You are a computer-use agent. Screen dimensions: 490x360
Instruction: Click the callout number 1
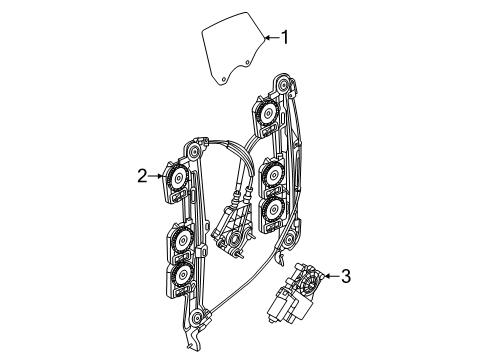point(284,37)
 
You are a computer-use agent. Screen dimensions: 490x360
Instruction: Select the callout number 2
point(142,176)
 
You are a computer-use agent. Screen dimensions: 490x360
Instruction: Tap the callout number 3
point(346,276)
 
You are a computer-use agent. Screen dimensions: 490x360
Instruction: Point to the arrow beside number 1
point(272,38)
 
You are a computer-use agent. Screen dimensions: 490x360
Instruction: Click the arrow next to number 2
point(156,176)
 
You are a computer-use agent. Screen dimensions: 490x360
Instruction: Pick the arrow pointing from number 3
point(332,276)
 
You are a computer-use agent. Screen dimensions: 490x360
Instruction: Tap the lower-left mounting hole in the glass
point(224,79)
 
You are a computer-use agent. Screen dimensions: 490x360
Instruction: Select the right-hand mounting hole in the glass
point(247,62)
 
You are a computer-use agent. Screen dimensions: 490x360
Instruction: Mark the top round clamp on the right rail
point(267,114)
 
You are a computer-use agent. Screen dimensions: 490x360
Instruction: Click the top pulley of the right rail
point(284,84)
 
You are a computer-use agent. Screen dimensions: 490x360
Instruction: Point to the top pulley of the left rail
point(193,153)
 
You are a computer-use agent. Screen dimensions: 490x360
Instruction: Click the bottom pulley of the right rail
point(290,239)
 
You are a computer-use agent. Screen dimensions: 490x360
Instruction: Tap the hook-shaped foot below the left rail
point(193,340)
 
